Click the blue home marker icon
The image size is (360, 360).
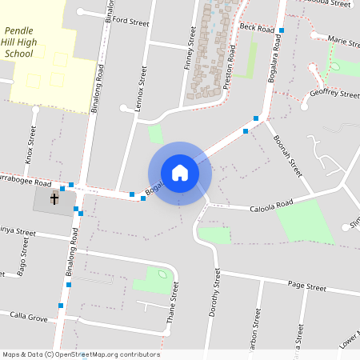180,172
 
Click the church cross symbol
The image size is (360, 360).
55,198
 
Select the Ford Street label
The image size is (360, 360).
131,22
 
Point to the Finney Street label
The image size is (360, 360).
191,49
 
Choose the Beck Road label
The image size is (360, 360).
257,27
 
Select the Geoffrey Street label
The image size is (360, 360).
334,94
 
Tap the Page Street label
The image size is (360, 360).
307,286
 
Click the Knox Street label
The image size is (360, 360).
30,144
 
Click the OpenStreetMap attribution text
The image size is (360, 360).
80,354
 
